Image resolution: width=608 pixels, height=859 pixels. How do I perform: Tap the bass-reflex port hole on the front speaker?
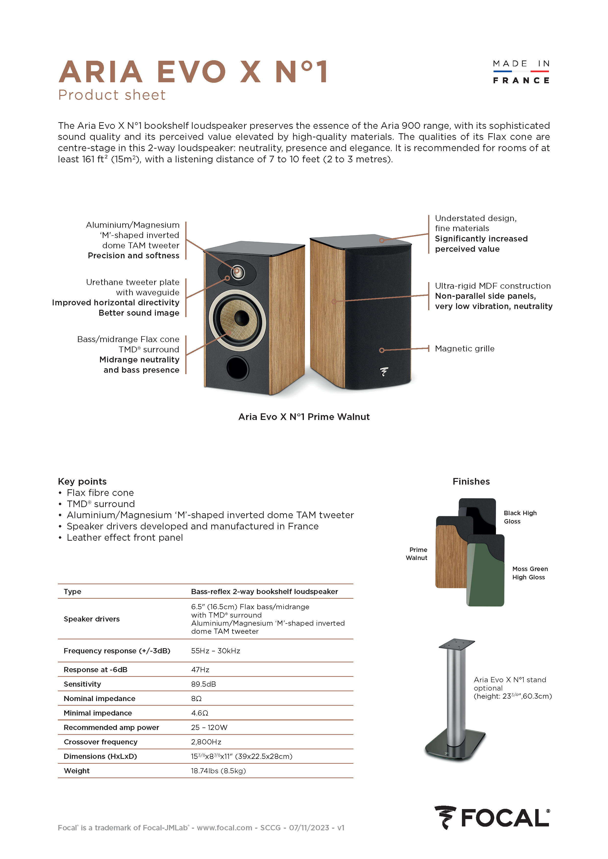pos(237,368)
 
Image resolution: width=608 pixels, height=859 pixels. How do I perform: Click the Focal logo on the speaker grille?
pos(384,371)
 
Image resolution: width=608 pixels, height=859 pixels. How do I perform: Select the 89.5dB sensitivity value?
pos(203,684)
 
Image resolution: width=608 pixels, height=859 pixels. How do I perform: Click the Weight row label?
pos(77,770)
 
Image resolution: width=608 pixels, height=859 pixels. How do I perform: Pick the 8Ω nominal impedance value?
pos(196,699)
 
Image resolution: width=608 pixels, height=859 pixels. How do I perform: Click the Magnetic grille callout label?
pos(464,349)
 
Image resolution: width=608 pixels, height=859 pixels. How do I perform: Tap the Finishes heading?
pos(471,481)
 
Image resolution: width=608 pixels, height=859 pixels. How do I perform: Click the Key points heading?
pos(82,481)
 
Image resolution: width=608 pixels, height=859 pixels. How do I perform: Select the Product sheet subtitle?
pos(112,95)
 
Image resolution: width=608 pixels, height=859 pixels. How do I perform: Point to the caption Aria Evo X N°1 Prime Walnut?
pos(304,417)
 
